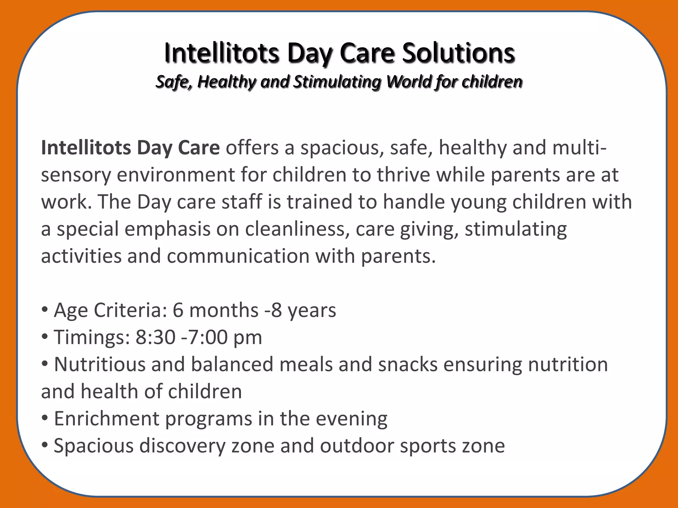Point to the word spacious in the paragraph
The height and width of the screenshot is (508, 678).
click(342, 148)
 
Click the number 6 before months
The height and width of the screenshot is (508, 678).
click(178, 310)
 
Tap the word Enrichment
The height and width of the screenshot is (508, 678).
click(107, 419)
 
